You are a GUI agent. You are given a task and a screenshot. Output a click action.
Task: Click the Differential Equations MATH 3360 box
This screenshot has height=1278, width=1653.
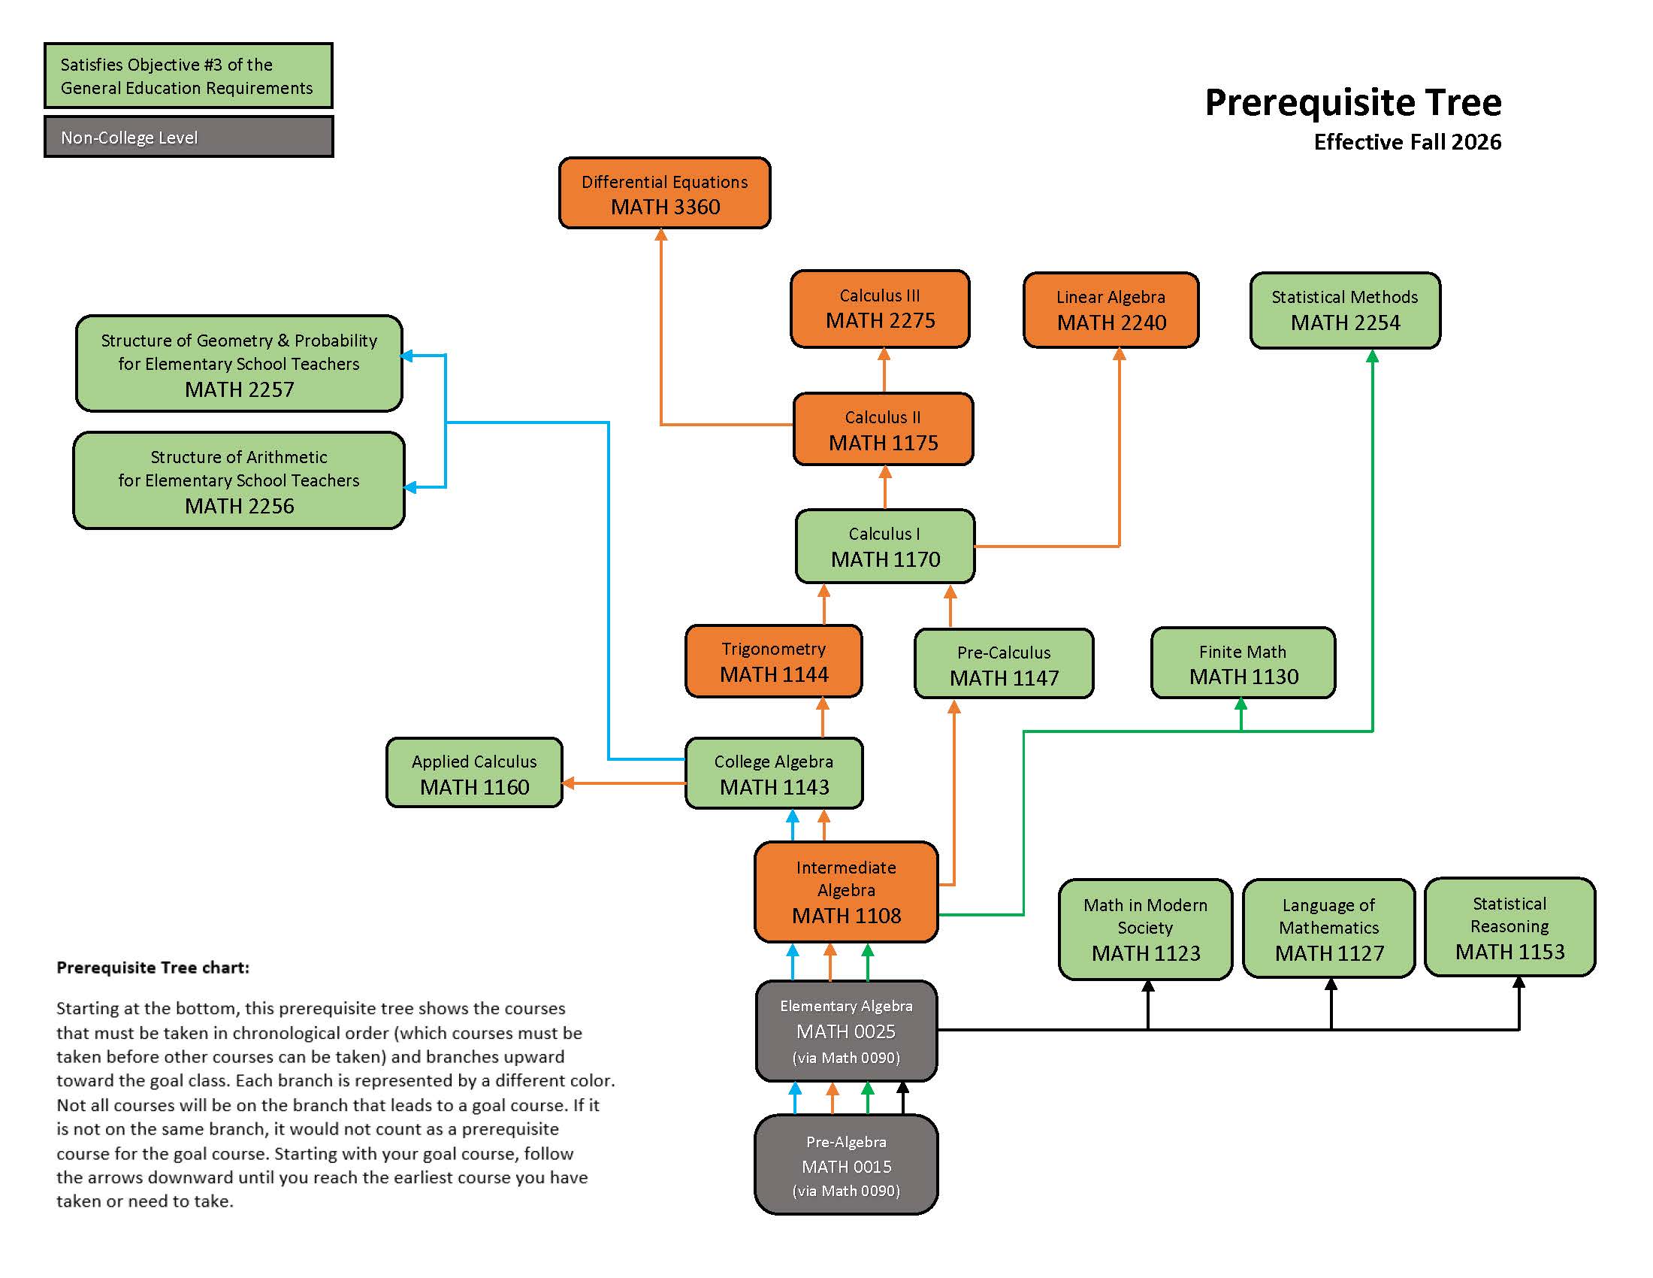[664, 193]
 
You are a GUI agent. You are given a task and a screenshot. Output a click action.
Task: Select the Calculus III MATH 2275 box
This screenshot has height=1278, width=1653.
[880, 309]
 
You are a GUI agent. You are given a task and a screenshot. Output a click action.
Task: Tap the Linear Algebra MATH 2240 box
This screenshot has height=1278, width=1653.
[1111, 310]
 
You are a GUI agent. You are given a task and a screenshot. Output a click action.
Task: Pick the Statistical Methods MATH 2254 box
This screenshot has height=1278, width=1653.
[1345, 310]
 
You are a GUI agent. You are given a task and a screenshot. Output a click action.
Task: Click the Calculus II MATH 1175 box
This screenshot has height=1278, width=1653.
[883, 429]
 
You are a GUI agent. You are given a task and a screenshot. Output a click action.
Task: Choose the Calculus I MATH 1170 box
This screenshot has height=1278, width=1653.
[885, 546]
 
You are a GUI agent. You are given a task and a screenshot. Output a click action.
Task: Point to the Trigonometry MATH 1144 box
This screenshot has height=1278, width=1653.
[773, 661]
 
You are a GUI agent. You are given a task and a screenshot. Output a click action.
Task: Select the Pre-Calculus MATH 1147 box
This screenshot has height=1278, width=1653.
[1004, 664]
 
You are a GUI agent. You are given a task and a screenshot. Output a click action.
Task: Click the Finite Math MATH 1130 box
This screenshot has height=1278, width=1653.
[1243, 663]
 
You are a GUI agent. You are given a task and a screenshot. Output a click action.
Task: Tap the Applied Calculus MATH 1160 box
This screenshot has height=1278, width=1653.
[475, 773]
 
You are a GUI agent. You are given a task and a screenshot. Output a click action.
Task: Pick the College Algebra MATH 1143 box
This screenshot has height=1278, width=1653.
[773, 773]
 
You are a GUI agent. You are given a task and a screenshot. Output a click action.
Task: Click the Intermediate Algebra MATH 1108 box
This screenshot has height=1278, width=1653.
[846, 892]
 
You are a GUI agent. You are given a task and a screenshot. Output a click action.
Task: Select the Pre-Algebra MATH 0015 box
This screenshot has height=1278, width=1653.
[846, 1165]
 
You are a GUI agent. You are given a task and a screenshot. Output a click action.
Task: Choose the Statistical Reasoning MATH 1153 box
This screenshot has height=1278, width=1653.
[1509, 928]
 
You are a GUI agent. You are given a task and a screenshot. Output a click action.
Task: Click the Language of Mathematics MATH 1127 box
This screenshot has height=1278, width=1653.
[1329, 929]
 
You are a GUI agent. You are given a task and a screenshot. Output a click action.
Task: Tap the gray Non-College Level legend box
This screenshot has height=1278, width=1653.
[189, 137]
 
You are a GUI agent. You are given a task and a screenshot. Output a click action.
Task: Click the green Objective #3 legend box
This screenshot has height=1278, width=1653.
[189, 76]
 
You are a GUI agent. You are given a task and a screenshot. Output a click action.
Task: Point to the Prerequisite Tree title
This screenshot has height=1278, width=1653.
[1352, 102]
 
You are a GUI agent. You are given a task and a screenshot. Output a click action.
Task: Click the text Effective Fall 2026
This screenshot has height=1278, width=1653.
[1407, 142]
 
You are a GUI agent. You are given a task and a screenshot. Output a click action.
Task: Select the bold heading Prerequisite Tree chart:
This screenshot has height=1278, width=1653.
[153, 968]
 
